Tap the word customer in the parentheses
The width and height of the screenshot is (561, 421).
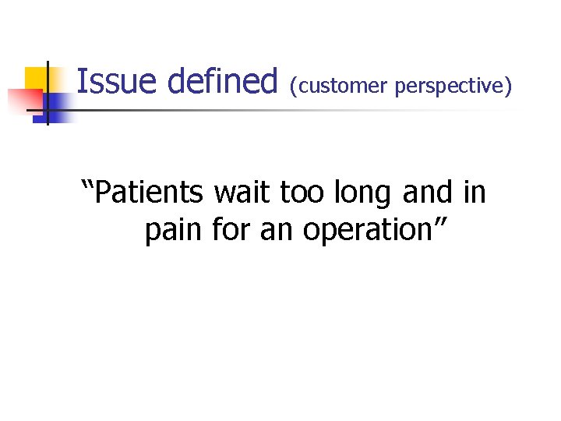(x=342, y=86)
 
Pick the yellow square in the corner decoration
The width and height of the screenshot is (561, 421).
(x=34, y=78)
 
